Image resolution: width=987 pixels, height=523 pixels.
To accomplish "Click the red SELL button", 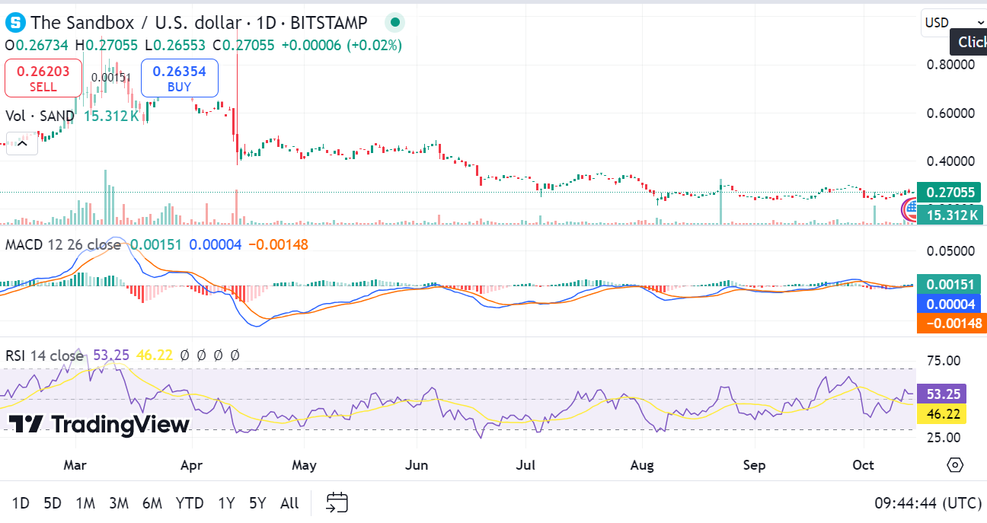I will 43,78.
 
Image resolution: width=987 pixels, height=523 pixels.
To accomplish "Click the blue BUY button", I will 179,78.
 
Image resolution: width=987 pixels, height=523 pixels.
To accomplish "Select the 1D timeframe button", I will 21,503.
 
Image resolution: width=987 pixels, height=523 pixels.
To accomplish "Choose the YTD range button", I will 189,503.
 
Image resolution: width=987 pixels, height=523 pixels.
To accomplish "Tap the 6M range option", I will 152,503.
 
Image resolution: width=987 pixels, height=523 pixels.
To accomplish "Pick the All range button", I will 289,503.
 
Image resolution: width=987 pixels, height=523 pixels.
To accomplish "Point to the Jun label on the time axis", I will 417,464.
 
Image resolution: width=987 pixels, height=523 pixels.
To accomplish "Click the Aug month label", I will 642,464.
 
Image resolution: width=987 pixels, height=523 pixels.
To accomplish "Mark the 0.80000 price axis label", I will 950,65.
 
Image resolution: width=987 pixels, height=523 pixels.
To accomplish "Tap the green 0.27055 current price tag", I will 948,193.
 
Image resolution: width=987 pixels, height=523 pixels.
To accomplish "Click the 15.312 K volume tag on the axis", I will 951,215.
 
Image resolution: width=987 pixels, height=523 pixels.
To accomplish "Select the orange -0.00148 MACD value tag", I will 951,324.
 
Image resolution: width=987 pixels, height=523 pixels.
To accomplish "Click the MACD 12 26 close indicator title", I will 63,245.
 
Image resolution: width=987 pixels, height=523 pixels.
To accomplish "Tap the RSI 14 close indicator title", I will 45,356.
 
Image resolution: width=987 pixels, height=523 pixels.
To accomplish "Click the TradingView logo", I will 99,424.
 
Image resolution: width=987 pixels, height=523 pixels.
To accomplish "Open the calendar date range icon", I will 337,502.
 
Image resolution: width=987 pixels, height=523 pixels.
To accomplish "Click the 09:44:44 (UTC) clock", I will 928,503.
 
